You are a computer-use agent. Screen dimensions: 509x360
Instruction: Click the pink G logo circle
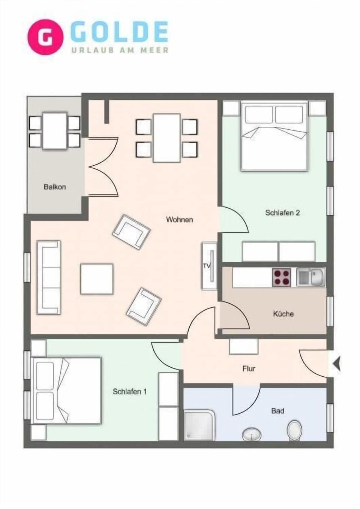coord(45,37)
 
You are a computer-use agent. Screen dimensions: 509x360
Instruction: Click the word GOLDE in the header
coord(119,32)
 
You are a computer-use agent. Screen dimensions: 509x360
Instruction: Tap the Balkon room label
coord(55,187)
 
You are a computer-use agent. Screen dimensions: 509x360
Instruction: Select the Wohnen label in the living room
coord(179,220)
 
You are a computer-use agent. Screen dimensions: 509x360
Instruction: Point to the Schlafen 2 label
coord(282,213)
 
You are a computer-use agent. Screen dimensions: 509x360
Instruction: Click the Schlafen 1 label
coord(129,392)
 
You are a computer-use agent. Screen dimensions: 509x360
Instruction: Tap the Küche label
coord(283,314)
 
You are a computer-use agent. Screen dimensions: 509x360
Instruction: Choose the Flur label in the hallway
coord(249,369)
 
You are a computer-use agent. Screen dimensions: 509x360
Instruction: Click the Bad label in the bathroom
coord(277,411)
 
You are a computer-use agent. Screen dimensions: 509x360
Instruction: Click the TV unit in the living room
coord(209,266)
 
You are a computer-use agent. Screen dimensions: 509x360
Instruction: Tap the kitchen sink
coord(311,278)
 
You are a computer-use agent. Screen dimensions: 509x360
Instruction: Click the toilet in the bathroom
coord(294,430)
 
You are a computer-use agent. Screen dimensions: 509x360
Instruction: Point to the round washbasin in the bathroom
coord(250,434)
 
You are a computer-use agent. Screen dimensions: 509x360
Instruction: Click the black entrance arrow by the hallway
coord(336,364)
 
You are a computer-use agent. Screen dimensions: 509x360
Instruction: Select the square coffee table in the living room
coord(97,279)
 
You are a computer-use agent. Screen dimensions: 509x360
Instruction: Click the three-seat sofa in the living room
coord(48,277)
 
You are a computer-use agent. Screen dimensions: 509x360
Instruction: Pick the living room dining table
coord(167,138)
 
